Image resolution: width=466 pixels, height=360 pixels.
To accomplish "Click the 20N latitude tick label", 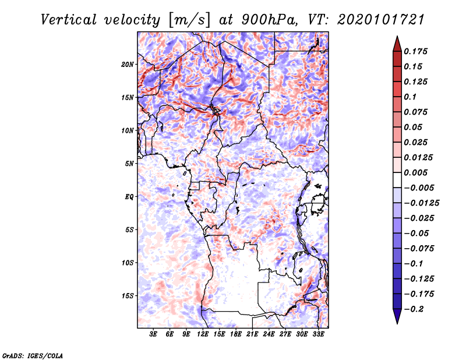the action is (127, 65).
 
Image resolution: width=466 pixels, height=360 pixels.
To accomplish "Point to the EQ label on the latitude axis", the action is (129, 197).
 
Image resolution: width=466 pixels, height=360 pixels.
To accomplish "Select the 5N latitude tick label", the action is (129, 164).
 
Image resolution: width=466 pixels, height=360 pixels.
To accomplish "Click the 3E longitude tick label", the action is (153, 334).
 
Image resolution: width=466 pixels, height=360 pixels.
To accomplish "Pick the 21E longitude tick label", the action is (252, 334).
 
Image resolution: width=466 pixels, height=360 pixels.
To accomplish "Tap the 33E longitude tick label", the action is (318, 334).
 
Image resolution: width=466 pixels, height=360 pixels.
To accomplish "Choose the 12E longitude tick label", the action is (203, 334).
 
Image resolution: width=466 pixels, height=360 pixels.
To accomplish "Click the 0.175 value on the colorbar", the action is (415, 51).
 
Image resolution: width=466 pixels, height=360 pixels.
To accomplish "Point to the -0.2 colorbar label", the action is (414, 309).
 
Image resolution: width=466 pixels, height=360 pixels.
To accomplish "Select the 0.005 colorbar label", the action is (415, 172).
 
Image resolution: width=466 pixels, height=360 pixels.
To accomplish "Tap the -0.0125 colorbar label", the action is (421, 203).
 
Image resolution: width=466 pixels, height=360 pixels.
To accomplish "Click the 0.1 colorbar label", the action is (410, 97).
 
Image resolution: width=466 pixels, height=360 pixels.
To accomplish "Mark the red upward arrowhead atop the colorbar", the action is (397, 44).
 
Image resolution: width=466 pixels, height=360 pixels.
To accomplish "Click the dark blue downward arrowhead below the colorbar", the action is (397, 316).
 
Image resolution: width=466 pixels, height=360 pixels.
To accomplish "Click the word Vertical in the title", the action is (69, 20).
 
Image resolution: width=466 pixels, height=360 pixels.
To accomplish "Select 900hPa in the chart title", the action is (269, 20).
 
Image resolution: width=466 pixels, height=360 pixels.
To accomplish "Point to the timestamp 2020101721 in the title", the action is (381, 20).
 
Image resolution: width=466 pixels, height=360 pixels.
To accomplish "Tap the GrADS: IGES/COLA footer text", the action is (33, 356).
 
